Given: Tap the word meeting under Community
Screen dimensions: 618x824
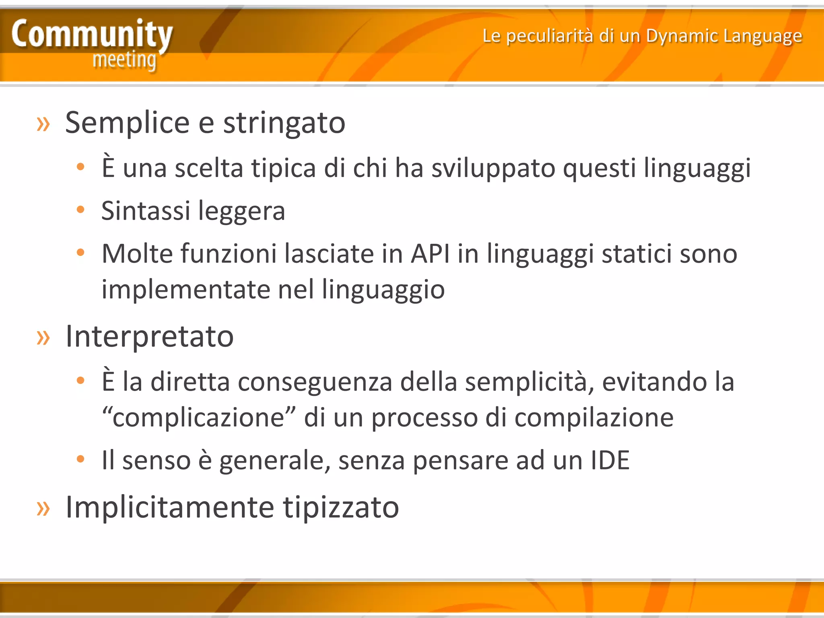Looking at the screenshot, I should click(124, 60).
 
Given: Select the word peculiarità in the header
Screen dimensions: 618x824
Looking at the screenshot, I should click(549, 36).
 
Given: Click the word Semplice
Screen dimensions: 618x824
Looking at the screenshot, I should click(127, 123).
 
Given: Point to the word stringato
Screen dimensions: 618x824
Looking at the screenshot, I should click(284, 123).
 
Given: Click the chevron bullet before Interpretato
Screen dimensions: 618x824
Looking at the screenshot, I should click(43, 337).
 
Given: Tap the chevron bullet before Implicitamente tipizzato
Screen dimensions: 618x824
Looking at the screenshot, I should click(43, 508).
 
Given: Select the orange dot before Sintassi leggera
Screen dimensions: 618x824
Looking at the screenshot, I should click(80, 209).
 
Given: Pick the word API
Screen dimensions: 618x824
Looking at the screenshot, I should click(430, 254).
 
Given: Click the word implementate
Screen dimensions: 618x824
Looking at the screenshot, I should click(185, 289).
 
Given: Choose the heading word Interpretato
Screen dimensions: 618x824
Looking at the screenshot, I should click(149, 336).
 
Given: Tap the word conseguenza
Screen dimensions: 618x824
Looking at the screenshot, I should click(315, 382).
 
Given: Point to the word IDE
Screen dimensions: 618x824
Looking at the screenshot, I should click(610, 460).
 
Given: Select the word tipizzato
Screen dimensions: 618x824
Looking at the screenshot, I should click(341, 507).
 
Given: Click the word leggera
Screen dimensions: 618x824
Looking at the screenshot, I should click(241, 211).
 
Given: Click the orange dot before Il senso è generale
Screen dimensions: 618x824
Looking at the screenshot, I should click(80, 459).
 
